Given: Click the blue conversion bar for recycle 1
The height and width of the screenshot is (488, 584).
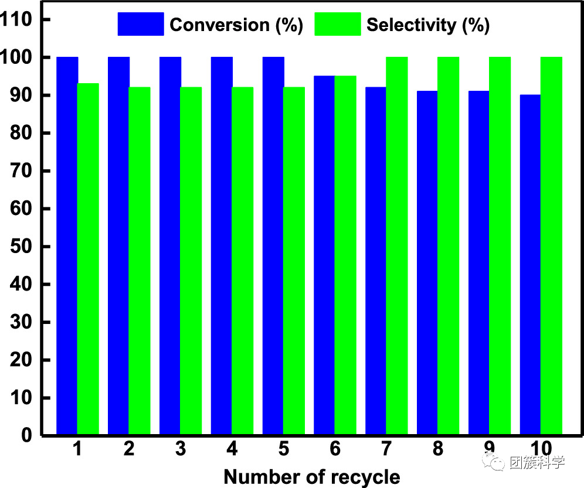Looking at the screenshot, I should [x=67, y=246].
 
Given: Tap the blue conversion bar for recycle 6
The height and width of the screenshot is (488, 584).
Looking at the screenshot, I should [x=324, y=255].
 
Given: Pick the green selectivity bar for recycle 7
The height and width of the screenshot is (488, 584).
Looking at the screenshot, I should [x=397, y=246].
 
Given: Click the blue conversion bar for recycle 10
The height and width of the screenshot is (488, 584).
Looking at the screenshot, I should [x=530, y=265].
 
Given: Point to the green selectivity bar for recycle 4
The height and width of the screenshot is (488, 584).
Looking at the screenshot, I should [x=243, y=261].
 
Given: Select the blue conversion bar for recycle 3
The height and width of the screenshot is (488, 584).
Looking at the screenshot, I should [x=170, y=246].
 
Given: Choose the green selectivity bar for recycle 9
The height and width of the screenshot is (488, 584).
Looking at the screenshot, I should [x=500, y=246].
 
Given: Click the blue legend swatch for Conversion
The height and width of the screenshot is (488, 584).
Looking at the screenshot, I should [x=141, y=24].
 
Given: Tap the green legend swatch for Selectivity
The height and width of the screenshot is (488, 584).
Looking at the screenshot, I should [x=338, y=24].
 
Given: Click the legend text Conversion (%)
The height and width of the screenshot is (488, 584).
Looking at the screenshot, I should [x=236, y=25].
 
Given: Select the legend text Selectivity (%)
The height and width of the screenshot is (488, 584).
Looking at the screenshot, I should [x=428, y=25].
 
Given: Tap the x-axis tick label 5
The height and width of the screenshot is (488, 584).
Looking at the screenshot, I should [x=284, y=449].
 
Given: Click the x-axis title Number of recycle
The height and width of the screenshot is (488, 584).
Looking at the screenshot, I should [x=312, y=476].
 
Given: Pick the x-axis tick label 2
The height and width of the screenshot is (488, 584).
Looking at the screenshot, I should [x=129, y=449].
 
